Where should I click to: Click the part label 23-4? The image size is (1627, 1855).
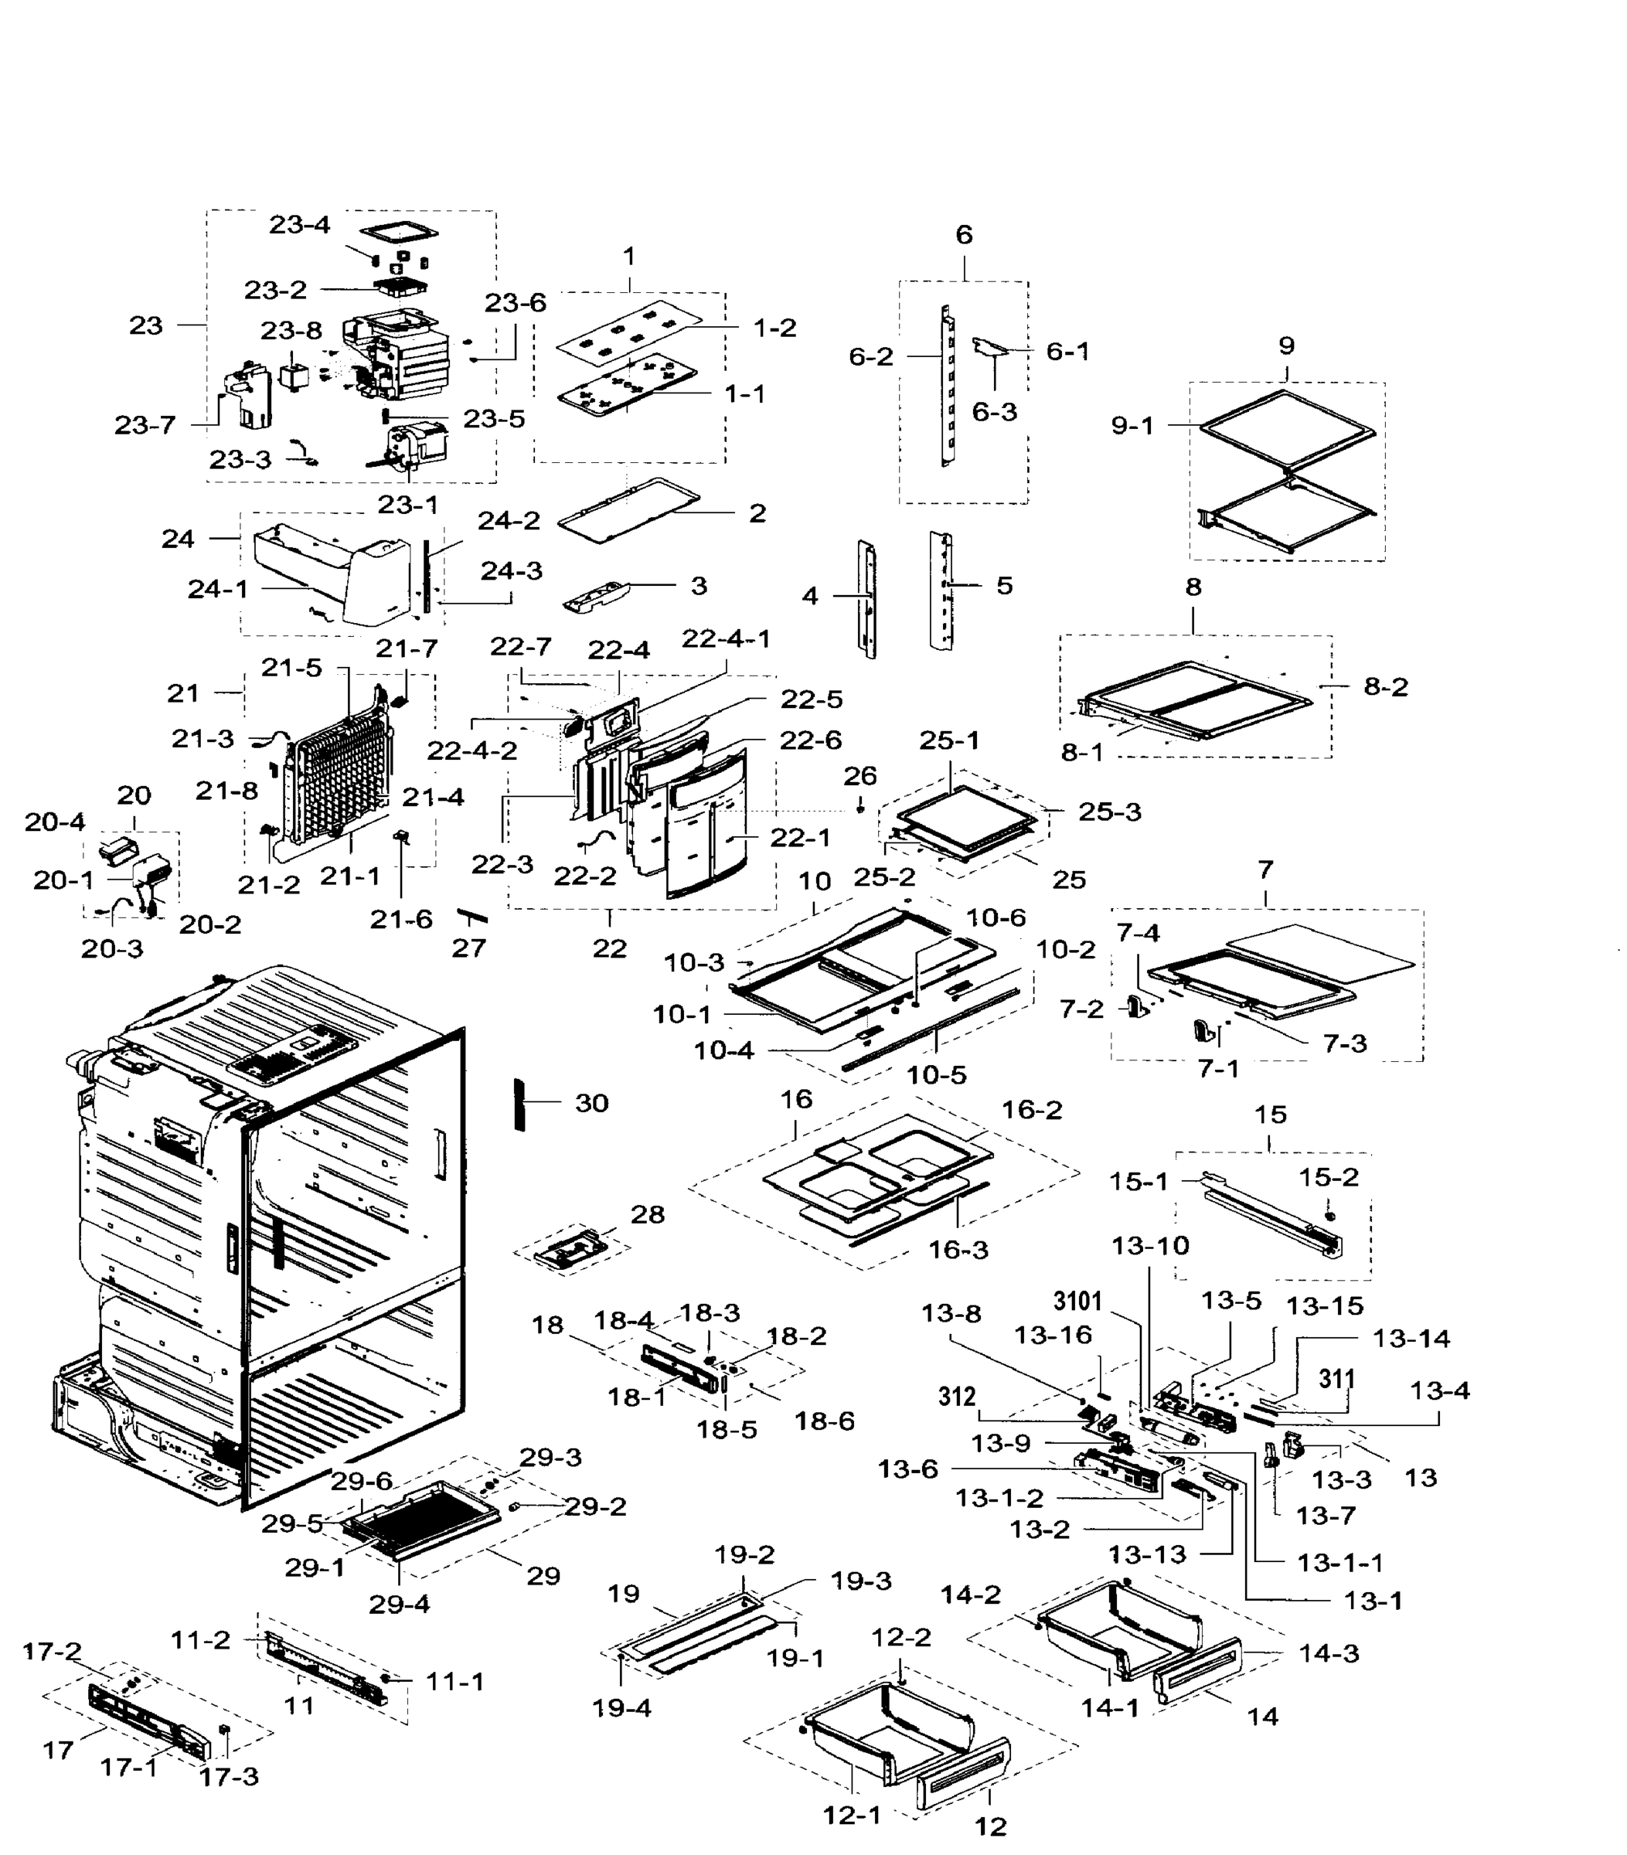pos(298,224)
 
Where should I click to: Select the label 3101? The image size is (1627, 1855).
pos(1077,1302)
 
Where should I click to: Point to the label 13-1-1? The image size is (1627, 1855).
pos(1339,1563)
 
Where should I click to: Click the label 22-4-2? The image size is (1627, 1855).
pos(471,751)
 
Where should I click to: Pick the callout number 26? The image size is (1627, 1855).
pos(859,776)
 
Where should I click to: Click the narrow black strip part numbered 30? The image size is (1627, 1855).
pos(520,1104)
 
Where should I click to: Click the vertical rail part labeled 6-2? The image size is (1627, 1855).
pos(945,386)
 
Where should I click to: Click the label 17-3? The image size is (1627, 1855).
pos(229,1802)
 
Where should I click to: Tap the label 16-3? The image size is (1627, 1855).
pos(958,1250)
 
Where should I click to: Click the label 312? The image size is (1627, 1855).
pos(955,1397)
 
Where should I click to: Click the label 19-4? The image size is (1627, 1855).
pos(621,1708)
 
